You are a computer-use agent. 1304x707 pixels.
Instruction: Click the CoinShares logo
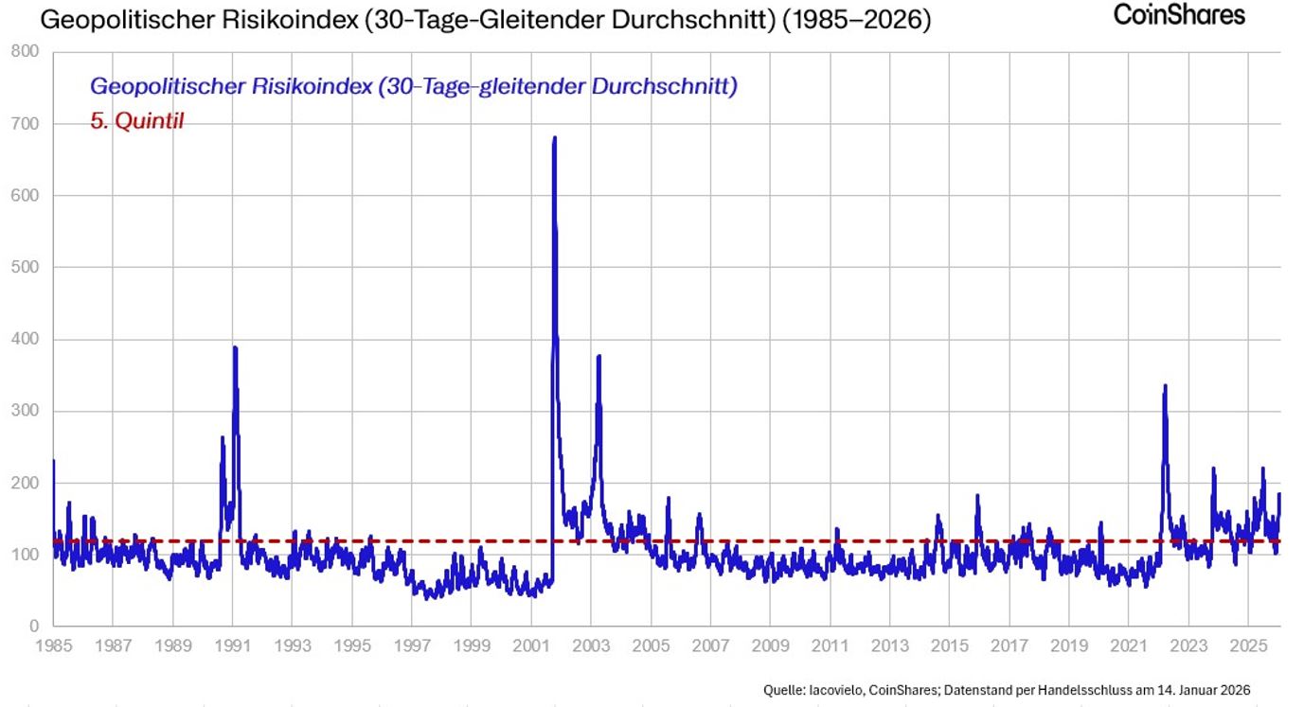(x=1179, y=14)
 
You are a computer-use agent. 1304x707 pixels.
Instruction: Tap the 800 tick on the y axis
(x=26, y=52)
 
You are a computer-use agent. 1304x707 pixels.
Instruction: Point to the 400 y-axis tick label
(x=26, y=339)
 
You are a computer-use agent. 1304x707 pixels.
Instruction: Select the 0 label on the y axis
(x=33, y=627)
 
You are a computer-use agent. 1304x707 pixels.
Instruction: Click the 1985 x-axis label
(x=53, y=646)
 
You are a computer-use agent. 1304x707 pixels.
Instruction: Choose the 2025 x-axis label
(x=1248, y=646)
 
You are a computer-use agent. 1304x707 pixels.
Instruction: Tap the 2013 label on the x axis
(x=889, y=646)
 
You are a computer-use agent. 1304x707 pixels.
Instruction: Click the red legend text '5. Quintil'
(x=136, y=121)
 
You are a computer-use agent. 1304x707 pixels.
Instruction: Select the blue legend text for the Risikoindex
(x=414, y=86)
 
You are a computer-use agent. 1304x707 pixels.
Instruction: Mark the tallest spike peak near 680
(x=554, y=138)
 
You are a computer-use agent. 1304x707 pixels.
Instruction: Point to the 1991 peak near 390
(x=235, y=347)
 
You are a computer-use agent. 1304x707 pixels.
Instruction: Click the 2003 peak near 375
(x=598, y=357)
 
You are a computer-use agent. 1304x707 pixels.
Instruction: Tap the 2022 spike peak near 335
(x=1165, y=385)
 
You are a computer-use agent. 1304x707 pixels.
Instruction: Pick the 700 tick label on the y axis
(x=26, y=124)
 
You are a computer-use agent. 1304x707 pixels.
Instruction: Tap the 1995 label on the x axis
(x=352, y=646)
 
